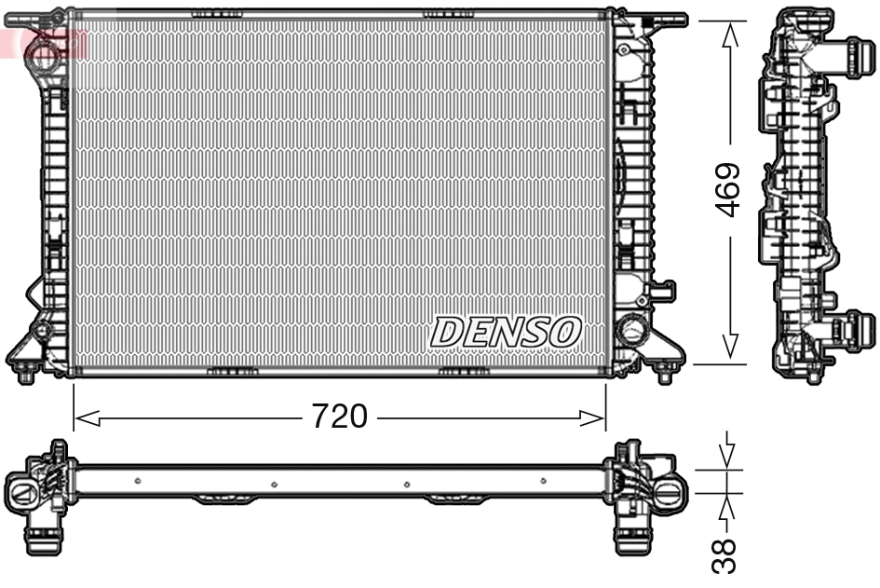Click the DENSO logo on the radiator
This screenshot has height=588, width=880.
(506, 331)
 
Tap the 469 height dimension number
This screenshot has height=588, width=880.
(729, 190)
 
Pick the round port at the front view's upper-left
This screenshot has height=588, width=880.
(42, 51)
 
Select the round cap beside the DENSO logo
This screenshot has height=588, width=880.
(631, 329)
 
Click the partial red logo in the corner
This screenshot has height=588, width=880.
(13, 41)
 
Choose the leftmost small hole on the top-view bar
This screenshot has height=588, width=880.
(138, 481)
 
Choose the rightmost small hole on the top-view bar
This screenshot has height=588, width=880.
(543, 481)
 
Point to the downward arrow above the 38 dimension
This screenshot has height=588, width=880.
(728, 453)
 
